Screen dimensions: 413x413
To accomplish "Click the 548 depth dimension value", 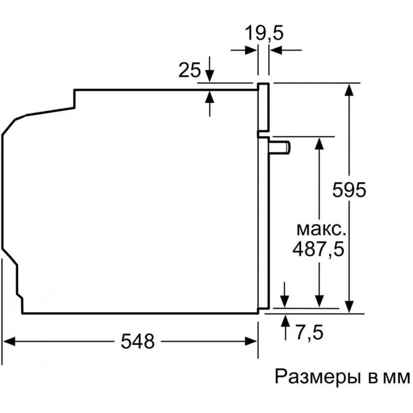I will click(138, 341).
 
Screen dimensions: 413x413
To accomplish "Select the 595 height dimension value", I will click(349, 191).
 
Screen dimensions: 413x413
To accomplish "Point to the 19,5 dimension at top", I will click(263, 33).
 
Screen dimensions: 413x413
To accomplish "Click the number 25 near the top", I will click(190, 71).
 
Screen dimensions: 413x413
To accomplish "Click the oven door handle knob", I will click(281, 147).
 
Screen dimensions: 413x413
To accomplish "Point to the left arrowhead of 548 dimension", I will click(9, 341).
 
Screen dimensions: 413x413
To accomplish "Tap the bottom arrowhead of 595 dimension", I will click(349, 306).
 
